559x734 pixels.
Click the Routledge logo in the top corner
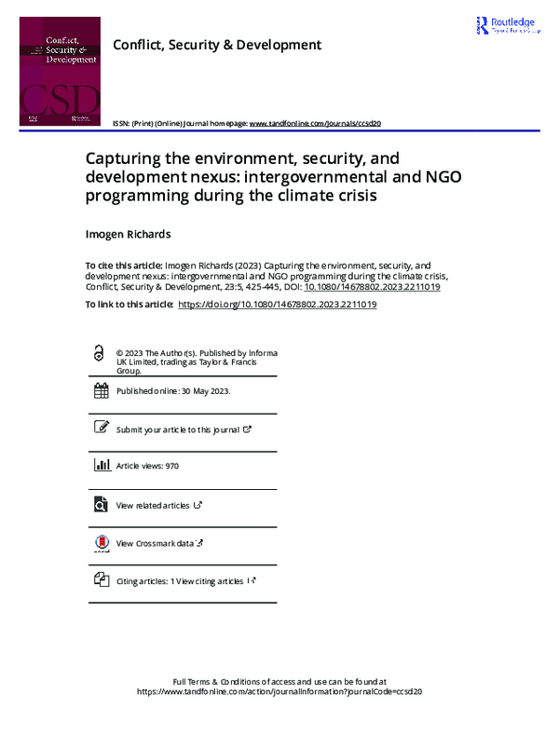click(x=506, y=25)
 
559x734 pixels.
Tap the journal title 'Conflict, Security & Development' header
click(x=216, y=45)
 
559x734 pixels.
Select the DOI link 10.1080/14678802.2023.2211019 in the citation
click(x=373, y=287)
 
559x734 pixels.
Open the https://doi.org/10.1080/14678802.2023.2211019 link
click(x=277, y=305)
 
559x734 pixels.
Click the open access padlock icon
click(x=100, y=354)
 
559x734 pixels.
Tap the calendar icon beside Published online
click(x=101, y=391)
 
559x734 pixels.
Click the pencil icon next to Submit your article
click(x=101, y=428)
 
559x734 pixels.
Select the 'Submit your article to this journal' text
click(x=177, y=429)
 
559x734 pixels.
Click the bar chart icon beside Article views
click(x=101, y=466)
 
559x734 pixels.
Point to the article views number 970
click(x=170, y=466)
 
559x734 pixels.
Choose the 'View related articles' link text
click(x=154, y=505)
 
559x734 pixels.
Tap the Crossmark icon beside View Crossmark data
click(x=101, y=543)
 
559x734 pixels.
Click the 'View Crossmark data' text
click(x=155, y=543)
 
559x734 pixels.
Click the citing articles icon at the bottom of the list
click(x=101, y=580)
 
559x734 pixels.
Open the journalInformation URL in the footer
click(x=279, y=692)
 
